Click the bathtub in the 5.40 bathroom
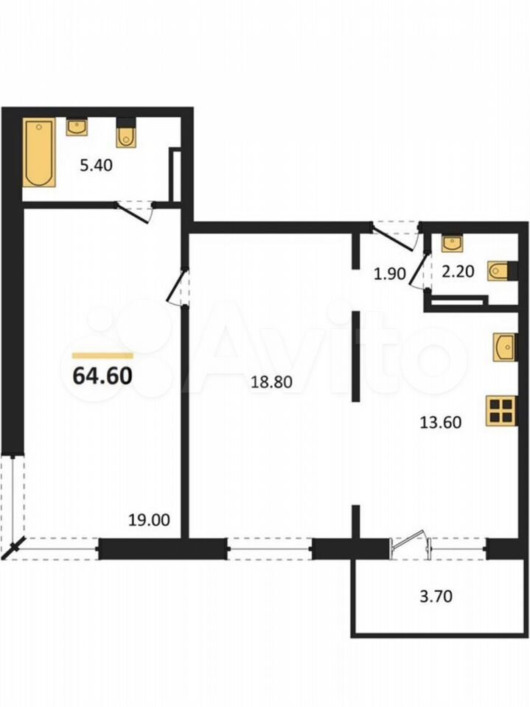(x=40, y=152)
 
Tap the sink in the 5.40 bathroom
(x=77, y=127)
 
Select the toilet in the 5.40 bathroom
(x=125, y=133)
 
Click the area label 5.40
(x=96, y=166)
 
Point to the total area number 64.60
(x=102, y=375)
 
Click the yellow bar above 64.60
(x=102, y=355)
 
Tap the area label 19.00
(x=150, y=520)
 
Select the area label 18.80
(x=272, y=382)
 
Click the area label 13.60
(x=441, y=423)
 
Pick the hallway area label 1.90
(x=390, y=274)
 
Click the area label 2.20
(x=458, y=272)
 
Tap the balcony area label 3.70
(x=436, y=596)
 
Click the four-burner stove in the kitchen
(x=501, y=411)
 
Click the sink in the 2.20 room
(x=452, y=244)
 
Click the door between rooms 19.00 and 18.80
(x=178, y=288)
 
